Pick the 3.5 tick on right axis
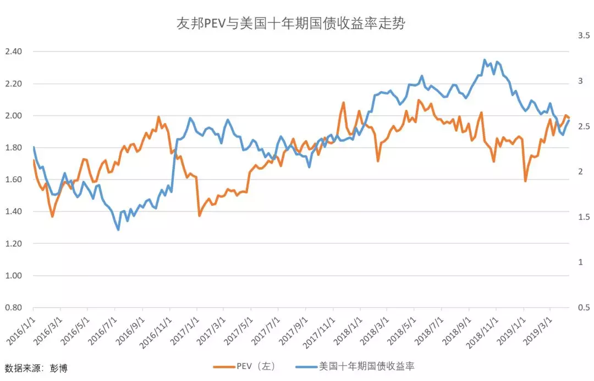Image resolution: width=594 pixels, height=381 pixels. click(584, 35)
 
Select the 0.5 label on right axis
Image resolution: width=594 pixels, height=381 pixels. click(584, 307)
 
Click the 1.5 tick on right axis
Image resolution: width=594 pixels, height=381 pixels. click(584, 217)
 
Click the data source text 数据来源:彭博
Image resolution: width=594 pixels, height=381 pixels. click(36, 368)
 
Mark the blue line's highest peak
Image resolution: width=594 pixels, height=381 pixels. click(485, 60)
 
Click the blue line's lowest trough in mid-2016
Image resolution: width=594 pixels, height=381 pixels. click(118, 229)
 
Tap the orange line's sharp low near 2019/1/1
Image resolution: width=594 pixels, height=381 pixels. click(525, 181)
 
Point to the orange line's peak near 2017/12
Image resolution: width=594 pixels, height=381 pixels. click(344, 102)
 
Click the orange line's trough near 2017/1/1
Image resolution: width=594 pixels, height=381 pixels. click(199, 216)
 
